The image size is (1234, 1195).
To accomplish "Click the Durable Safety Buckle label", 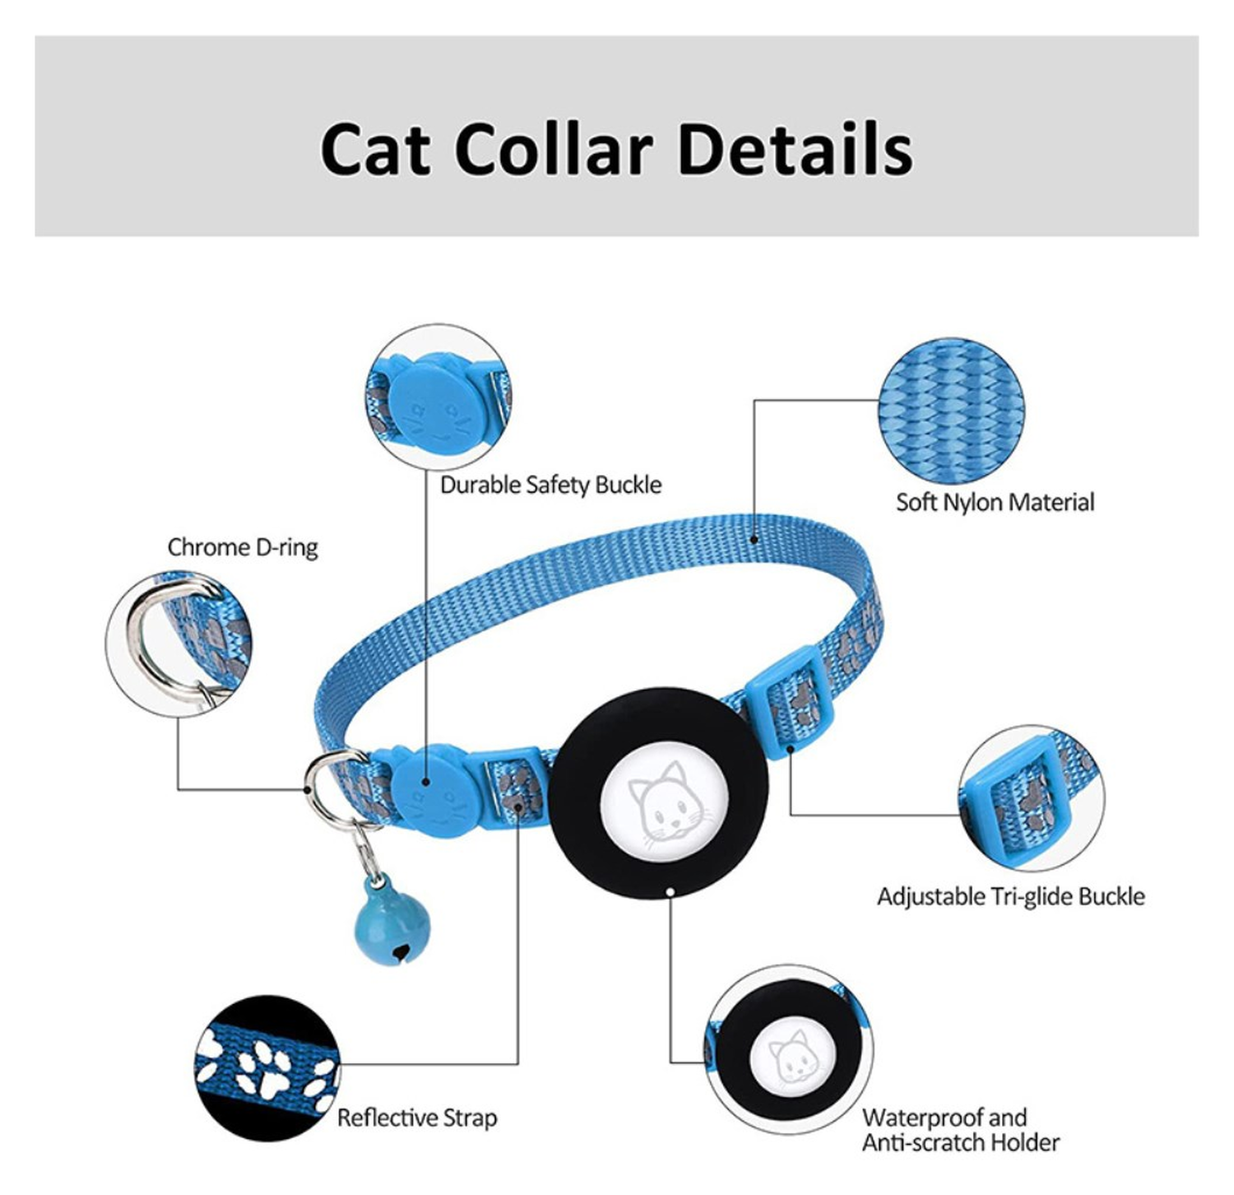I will tap(550, 485).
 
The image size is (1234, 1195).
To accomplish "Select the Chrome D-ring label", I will tap(243, 547).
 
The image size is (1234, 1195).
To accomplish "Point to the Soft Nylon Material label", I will tap(995, 502).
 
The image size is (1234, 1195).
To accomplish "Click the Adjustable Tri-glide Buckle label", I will tap(1010, 895).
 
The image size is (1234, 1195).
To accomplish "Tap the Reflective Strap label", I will tap(417, 1118).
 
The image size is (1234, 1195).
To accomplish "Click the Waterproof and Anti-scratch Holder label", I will tap(960, 1130).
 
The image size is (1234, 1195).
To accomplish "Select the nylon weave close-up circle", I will tap(950, 410).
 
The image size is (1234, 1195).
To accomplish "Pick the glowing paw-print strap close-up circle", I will tap(268, 1067).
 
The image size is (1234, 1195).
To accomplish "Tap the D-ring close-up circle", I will tap(179, 644).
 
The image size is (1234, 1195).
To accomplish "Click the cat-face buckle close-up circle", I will tap(437, 397).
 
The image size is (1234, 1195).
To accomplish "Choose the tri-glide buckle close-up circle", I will tap(1031, 797).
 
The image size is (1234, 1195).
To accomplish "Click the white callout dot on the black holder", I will tap(671, 892).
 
